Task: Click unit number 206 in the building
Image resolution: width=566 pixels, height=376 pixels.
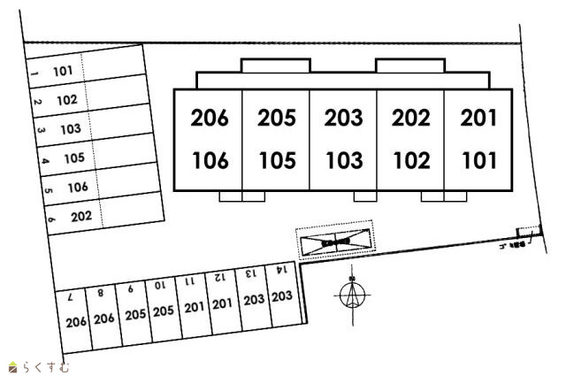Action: (x=210, y=118)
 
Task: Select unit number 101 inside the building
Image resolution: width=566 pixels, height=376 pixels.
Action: (x=479, y=161)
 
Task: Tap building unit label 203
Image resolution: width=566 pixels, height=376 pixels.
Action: (x=343, y=118)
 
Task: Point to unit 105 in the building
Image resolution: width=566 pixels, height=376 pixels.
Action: (x=277, y=161)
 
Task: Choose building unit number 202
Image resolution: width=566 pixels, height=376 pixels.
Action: (x=410, y=118)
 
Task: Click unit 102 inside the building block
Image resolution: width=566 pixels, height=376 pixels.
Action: (x=410, y=161)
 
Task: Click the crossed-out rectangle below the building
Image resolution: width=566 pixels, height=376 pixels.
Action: (x=335, y=240)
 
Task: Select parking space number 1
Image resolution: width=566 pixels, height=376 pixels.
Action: (x=33, y=75)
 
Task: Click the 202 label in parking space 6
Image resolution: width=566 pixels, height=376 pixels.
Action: (x=81, y=215)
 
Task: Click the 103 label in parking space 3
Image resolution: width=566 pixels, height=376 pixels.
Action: (x=71, y=129)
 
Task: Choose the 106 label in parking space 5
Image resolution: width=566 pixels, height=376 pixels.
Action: (x=77, y=187)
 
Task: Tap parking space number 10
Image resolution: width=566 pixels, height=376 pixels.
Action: (x=159, y=285)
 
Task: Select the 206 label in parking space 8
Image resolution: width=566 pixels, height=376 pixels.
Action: (x=104, y=318)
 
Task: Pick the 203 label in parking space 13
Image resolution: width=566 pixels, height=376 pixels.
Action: (x=253, y=300)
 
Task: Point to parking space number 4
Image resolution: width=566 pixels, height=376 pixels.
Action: (x=43, y=161)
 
